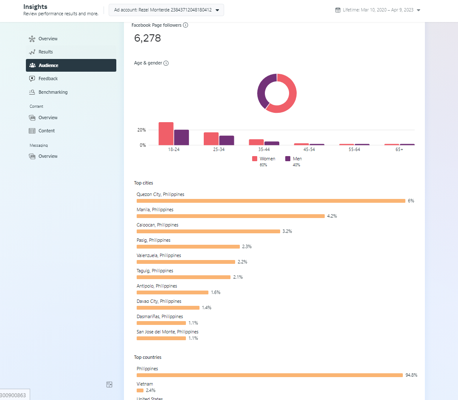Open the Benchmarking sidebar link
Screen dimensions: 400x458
click(x=53, y=92)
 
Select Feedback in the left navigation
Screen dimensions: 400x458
click(x=48, y=78)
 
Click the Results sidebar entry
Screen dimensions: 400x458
click(x=45, y=52)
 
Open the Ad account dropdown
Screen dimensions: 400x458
click(x=166, y=10)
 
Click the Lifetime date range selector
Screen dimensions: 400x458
click(x=377, y=10)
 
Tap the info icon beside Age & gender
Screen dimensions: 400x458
click(x=166, y=63)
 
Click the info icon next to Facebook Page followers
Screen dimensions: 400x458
click(x=185, y=25)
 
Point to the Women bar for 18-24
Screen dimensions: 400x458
click(x=166, y=134)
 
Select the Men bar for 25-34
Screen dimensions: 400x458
click(x=227, y=140)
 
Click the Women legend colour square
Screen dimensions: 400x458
click(x=255, y=159)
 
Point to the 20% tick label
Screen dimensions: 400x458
click(x=141, y=130)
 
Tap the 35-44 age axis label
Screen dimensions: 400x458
click(x=264, y=150)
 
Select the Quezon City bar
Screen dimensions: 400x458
click(x=271, y=201)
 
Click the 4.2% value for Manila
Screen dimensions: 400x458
click(x=332, y=216)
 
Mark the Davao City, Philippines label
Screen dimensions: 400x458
click(x=159, y=301)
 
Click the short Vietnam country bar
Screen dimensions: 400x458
click(x=140, y=390)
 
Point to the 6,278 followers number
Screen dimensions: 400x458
click(x=148, y=38)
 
